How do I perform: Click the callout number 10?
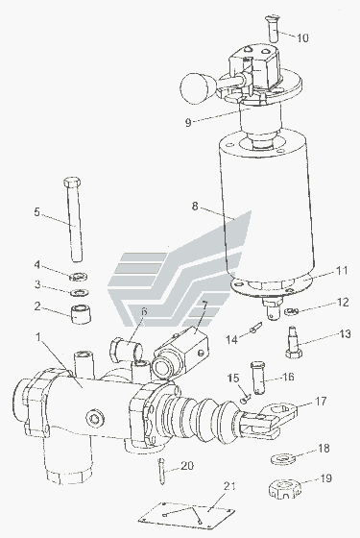point(302,37)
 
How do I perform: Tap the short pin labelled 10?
point(272,29)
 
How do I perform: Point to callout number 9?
point(188,123)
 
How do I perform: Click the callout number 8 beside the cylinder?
point(195,207)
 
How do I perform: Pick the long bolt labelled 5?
point(74,220)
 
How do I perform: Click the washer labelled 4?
point(79,276)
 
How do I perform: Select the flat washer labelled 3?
point(80,293)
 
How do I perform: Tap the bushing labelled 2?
point(82,314)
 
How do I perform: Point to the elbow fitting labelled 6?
point(126,351)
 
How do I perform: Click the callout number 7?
point(204,304)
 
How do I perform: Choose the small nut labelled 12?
point(291,311)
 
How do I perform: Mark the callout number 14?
point(231,339)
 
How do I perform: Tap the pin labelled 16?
point(258,378)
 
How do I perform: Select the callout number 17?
point(321,402)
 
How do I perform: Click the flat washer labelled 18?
point(283,458)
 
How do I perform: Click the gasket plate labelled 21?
point(187,514)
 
